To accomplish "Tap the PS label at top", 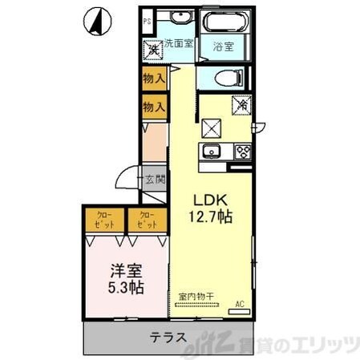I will [147, 22].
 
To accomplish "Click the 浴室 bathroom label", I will [224, 47].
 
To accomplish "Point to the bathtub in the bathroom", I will [224, 22].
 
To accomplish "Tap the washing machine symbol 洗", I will [152, 49].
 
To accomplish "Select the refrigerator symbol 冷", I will [241, 103].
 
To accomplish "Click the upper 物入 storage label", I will [153, 79].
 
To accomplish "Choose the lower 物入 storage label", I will [153, 106].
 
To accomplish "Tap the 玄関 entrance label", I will [154, 180].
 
